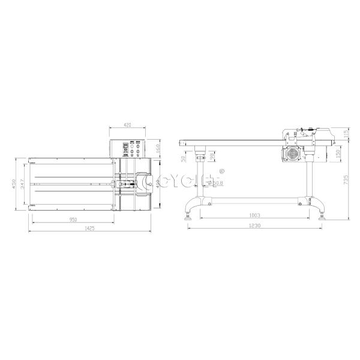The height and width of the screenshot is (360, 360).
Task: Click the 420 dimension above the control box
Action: click(x=127, y=124)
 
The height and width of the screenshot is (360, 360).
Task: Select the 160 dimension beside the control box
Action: click(x=157, y=149)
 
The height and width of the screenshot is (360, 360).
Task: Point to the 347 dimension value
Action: click(x=22, y=184)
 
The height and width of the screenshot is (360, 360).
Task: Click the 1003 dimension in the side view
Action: click(x=255, y=215)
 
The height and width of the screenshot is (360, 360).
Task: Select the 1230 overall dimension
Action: click(x=254, y=226)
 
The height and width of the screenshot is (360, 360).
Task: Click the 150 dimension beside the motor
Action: click(x=338, y=154)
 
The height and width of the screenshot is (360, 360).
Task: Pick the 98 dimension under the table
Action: click(x=212, y=157)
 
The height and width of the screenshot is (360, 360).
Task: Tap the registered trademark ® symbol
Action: click(x=223, y=170)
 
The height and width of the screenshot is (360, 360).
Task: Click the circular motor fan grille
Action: click(x=293, y=153)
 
